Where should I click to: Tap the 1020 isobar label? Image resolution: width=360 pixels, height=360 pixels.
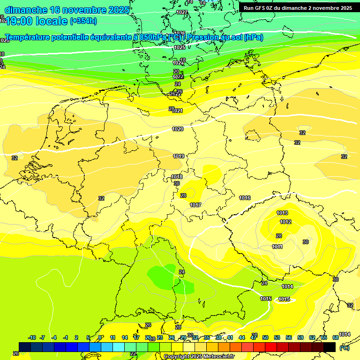pos(178,129)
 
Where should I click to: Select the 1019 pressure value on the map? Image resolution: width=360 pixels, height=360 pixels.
pos(178,156)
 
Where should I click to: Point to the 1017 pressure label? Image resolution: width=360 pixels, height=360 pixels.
pos(195,205)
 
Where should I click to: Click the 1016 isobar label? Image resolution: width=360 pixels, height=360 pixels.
pos(245,198)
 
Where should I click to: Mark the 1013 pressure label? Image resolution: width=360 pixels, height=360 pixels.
pos(282,213)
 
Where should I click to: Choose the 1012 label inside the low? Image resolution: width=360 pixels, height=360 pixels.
pos(285,222)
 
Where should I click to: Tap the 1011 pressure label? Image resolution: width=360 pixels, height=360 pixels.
pos(277,247)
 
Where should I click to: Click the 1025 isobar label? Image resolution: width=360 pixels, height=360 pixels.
pos(179,47)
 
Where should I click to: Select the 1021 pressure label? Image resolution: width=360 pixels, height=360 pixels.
pos(178,111)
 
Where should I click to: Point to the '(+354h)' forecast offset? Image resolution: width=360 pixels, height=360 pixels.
pos(83,21)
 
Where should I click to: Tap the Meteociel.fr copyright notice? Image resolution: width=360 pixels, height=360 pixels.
pos(198,356)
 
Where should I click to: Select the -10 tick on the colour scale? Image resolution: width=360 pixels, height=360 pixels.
pos(32,337)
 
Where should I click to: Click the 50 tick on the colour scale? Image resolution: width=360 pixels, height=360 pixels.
pos(265,337)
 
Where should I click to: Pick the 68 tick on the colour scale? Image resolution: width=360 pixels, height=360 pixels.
pos(336,337)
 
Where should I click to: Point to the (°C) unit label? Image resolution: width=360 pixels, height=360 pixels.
pos(345,348)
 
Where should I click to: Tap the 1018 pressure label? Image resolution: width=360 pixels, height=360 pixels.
pos(177,177)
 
